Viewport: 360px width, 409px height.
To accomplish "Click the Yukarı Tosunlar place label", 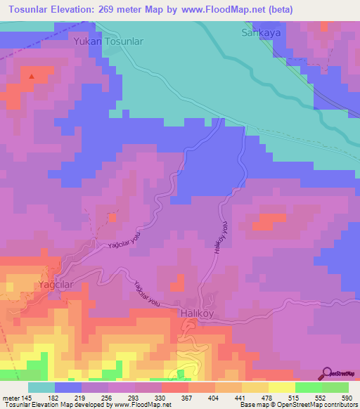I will (109, 42).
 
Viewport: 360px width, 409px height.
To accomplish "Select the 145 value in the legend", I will (27, 398).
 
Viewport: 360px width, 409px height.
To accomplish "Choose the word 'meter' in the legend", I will (10, 398).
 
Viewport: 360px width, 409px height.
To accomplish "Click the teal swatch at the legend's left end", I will (41, 387).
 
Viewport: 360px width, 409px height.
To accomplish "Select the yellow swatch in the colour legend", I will (281, 387).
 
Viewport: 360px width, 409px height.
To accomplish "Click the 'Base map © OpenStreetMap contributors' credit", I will (297, 405).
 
